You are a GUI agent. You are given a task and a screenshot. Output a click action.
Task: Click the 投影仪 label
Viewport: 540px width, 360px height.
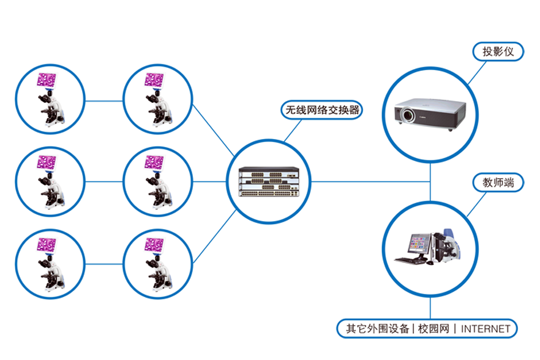pos(498,52)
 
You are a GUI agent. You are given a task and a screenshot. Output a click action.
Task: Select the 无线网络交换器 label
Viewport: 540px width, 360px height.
pos(321,111)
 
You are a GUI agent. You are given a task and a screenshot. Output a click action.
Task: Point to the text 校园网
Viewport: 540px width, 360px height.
pos(433,329)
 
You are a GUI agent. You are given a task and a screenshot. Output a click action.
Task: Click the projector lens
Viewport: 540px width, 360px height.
pos(406,114)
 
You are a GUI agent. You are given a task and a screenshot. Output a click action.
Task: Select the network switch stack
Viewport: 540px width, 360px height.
pos(271,182)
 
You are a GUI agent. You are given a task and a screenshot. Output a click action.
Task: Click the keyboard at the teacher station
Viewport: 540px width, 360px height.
pos(408,260)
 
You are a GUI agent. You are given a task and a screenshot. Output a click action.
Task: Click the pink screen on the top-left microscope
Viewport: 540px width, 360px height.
pos(47,80)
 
